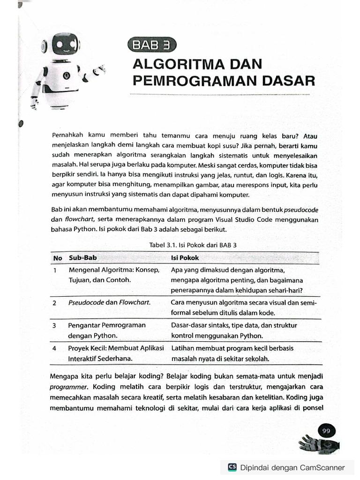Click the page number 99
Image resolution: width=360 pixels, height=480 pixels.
pos(327,431)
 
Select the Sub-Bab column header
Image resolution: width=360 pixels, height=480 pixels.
pos(83,258)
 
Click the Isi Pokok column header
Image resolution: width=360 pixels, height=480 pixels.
pos(185,258)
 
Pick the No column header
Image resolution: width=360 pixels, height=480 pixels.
pos(58,258)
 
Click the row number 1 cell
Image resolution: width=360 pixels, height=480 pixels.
pos(55,270)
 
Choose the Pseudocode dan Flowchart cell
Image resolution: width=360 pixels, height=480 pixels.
pos(110,303)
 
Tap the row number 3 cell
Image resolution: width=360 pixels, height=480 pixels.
pos(55,325)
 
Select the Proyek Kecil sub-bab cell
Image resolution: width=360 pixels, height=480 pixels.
pos(116,353)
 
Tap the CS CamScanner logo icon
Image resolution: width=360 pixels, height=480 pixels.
pos(232,467)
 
